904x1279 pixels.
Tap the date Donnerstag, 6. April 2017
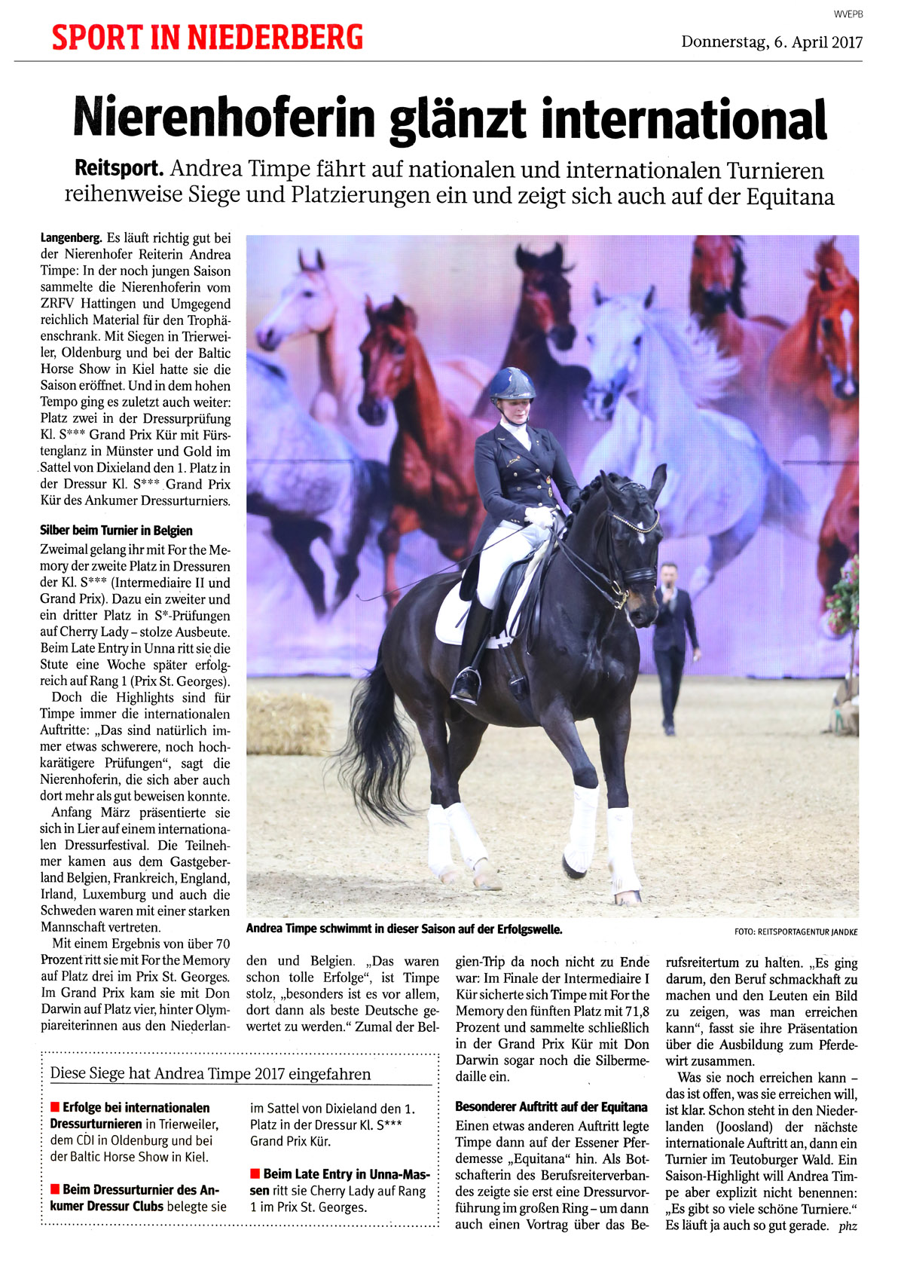point(771,42)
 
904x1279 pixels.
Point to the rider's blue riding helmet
point(512,384)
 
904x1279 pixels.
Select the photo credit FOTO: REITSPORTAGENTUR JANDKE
point(796,932)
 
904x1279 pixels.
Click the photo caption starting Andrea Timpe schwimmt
point(404,929)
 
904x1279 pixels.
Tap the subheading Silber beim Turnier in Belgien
point(116,531)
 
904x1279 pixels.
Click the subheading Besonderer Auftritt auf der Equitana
point(551,1107)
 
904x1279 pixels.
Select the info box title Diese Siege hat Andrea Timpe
point(210,1074)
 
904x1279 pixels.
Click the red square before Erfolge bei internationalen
point(54,1108)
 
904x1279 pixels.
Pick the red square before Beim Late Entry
point(255,1174)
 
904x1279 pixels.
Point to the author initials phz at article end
point(847,1226)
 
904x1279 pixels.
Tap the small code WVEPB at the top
point(847,14)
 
